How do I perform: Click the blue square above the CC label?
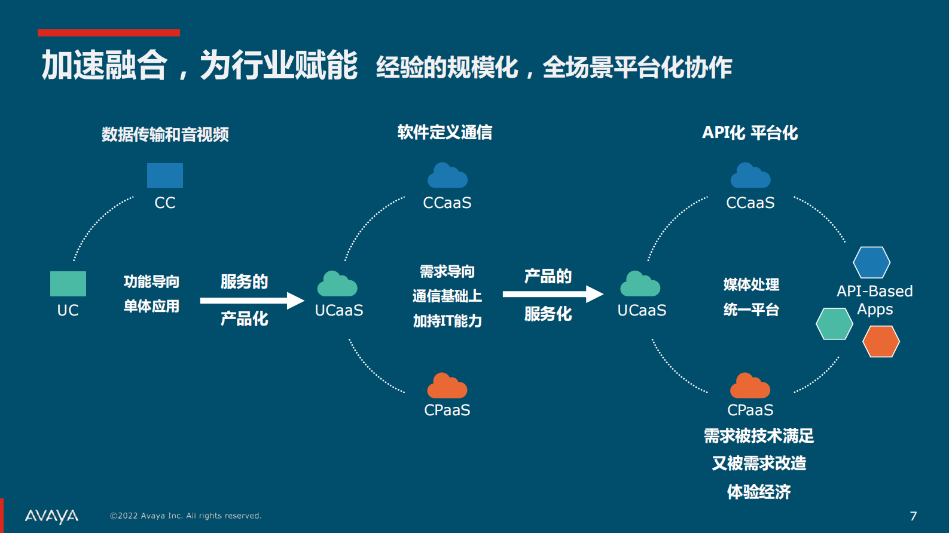coord(165,176)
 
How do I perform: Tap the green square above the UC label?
coord(68,284)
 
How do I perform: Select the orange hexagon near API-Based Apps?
coord(881,341)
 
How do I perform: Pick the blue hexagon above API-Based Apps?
coord(871,262)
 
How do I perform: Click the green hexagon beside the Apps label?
coord(834,324)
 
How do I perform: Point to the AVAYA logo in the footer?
coord(51,516)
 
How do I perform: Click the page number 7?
coord(913,516)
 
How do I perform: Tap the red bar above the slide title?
coord(109,33)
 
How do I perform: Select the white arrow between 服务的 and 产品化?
coord(252,300)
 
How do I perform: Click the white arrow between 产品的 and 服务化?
coord(553,294)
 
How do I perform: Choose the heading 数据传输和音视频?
coord(165,134)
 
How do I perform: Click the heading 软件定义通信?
coord(445,132)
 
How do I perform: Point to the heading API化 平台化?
coord(750,133)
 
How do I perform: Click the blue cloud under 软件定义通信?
coord(447,176)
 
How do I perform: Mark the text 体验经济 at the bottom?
coord(759,492)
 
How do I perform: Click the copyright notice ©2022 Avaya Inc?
coord(185,516)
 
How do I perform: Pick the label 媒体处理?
coord(751,284)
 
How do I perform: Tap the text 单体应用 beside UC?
coord(151,307)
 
